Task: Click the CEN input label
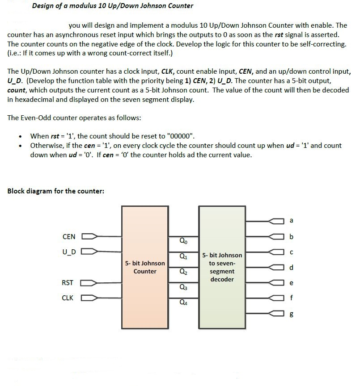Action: (68, 236)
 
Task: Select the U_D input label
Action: (68, 252)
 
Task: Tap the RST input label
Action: (68, 283)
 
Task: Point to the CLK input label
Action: (68, 298)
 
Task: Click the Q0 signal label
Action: (183, 242)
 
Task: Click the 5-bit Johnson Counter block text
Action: (145, 267)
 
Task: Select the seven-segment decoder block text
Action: (222, 267)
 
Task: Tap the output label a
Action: (292, 220)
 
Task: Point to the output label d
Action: (292, 268)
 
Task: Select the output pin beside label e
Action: (277, 283)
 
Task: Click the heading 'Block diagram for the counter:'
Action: (56, 191)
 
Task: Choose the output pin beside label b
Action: (277, 236)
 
